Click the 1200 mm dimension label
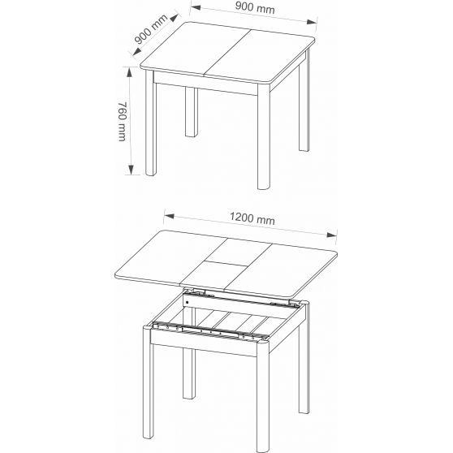click(252, 218)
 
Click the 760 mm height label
click(123, 121)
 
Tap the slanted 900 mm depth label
click(151, 29)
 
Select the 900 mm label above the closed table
click(255, 7)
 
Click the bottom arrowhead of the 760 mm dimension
click(131, 170)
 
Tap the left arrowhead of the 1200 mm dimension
click(169, 216)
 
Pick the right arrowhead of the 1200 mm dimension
click(332, 235)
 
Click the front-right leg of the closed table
click(264, 136)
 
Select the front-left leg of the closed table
click(151, 123)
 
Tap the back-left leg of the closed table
click(192, 112)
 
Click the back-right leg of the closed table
click(304, 100)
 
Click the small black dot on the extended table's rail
click(188, 303)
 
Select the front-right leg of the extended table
click(263, 396)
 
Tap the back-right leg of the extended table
click(304, 358)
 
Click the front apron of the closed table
click(205, 84)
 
